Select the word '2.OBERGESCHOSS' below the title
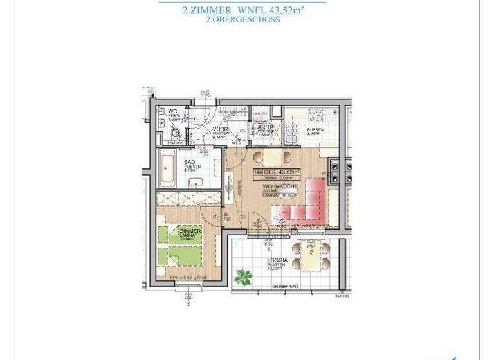[243, 20]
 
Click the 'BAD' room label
[190, 163]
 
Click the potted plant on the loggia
[243, 278]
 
